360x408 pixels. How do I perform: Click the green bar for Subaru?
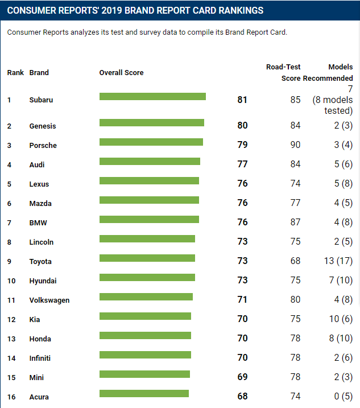click(x=152, y=97)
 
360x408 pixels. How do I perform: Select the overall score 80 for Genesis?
click(x=242, y=126)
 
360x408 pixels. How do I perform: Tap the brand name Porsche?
click(x=43, y=146)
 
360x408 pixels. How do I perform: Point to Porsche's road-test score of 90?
click(x=295, y=145)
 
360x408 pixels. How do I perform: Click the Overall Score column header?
click(x=121, y=73)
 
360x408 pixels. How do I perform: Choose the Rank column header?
click(x=15, y=73)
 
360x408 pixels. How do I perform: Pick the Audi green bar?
click(x=150, y=162)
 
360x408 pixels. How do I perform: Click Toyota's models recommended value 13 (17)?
click(x=337, y=261)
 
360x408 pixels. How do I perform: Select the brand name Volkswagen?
click(x=49, y=300)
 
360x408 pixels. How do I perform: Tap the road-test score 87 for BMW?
click(x=295, y=222)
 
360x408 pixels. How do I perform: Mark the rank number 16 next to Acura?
click(x=11, y=397)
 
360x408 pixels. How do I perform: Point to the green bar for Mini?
click(x=144, y=374)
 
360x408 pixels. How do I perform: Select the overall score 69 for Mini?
click(x=242, y=377)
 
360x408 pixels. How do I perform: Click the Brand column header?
click(x=39, y=73)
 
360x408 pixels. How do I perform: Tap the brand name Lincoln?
click(x=42, y=242)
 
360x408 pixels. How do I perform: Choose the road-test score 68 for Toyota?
click(x=295, y=261)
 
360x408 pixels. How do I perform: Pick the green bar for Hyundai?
click(x=147, y=278)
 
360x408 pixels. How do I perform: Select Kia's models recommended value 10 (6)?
click(x=341, y=319)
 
